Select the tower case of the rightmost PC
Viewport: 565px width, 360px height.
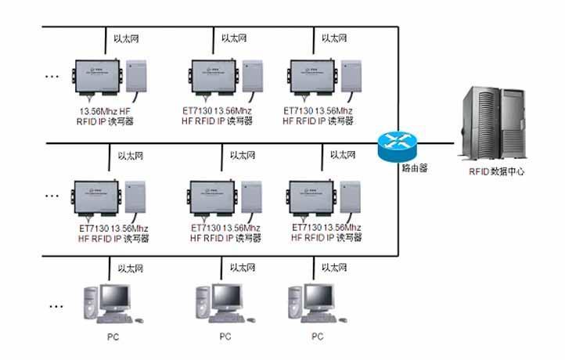tap(296, 303)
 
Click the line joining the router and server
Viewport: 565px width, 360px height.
tap(438, 144)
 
